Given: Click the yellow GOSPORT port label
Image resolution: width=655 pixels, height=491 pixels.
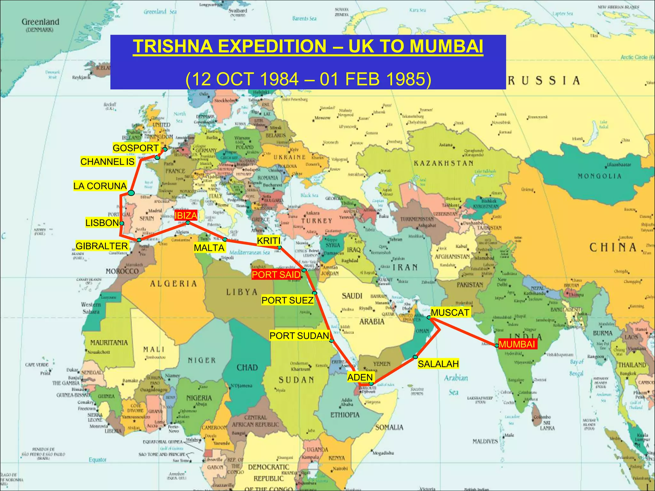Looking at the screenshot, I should click(136, 148).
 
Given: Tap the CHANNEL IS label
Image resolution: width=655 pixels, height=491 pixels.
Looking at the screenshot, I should click(107, 162).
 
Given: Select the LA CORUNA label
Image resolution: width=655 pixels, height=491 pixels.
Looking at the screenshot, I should click(100, 186).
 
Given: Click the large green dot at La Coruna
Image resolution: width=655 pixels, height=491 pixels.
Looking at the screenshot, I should click(131, 193).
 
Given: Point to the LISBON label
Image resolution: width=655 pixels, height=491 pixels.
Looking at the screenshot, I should click(102, 223).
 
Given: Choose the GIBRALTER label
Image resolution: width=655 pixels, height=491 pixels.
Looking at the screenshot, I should click(102, 246).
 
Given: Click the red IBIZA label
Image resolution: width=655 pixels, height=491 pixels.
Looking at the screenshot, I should click(185, 216).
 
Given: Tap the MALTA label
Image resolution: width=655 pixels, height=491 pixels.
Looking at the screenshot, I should click(209, 248).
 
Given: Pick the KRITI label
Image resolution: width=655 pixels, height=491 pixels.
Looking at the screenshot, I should click(269, 241).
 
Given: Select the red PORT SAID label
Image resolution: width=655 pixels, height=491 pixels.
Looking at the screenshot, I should click(276, 275).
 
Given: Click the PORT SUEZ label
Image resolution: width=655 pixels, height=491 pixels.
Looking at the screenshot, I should click(287, 300).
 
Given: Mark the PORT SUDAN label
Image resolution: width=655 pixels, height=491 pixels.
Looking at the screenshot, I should click(299, 336).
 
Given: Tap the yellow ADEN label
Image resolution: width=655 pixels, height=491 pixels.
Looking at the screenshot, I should click(360, 377).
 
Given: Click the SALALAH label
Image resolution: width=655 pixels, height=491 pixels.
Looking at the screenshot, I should click(438, 364).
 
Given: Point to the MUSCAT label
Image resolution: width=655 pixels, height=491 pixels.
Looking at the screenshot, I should click(450, 312).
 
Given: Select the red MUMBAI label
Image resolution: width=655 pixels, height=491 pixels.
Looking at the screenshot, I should click(517, 344).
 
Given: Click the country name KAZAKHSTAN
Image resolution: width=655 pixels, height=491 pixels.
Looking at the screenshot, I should click(444, 163).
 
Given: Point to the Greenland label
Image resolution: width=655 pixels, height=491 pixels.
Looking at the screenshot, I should click(40, 22).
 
